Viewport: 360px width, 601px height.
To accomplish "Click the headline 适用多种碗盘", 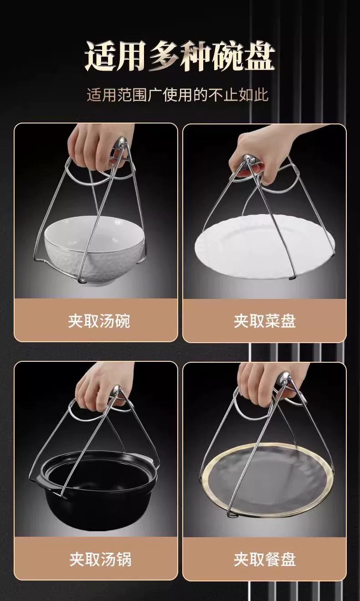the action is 180,57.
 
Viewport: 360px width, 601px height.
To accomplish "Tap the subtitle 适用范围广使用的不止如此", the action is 177,95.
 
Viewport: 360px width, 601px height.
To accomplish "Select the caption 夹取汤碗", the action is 99,321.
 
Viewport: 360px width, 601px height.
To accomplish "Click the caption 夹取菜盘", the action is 264,321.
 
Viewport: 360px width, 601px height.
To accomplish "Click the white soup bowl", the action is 95,252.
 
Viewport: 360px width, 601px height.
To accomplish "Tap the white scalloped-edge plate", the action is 265,247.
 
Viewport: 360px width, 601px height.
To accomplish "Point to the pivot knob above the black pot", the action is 117,391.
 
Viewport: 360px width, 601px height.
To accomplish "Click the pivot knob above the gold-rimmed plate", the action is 284,378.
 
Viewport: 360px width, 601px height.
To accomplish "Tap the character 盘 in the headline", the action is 260,57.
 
